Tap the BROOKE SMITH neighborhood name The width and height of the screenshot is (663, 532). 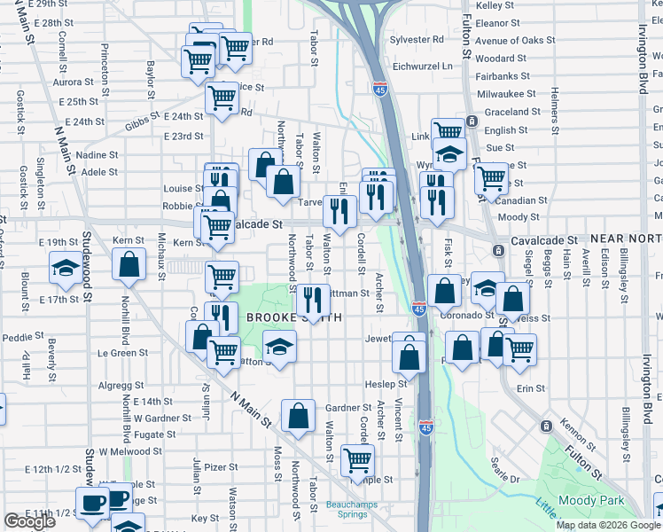click(x=283, y=317)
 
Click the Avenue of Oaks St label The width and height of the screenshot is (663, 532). click(x=515, y=41)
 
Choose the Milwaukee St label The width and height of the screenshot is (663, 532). click(x=506, y=94)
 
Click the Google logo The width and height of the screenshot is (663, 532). click(x=29, y=522)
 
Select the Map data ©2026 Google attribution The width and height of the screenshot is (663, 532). click(x=608, y=525)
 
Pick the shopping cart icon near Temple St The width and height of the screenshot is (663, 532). click(x=357, y=460)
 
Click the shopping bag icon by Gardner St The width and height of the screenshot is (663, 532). click(x=299, y=415)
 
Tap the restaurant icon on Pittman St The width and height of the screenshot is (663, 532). click(x=311, y=300)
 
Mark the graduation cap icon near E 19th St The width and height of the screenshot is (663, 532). click(x=66, y=269)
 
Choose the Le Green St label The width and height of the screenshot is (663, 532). click(x=122, y=353)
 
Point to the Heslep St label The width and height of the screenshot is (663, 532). click(x=386, y=384)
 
